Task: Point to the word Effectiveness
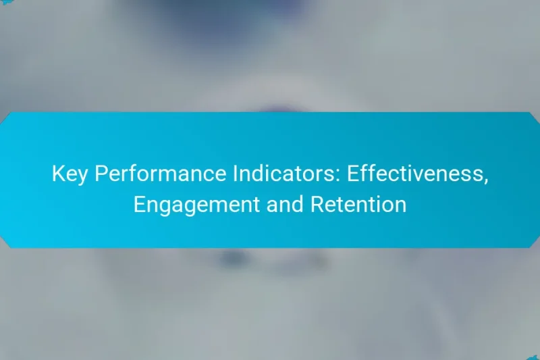coord(416,174)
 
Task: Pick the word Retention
coord(358,204)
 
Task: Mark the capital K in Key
coord(58,174)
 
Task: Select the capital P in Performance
coord(99,174)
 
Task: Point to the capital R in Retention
coord(315,204)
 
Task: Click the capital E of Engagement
coord(139,204)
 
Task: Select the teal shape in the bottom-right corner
coord(533,356)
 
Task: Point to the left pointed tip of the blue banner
coord(3,180)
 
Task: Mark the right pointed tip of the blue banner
coord(537,180)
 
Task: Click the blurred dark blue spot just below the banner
coord(233,258)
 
